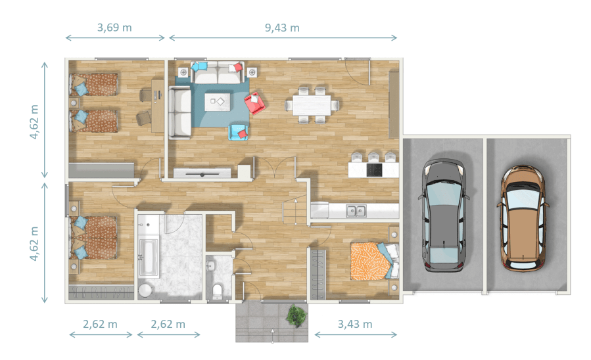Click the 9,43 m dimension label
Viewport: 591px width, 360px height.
pyautogui.click(x=282, y=28)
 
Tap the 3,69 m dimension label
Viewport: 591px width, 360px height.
pyautogui.click(x=114, y=27)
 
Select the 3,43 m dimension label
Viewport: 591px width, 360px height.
pyautogui.click(x=355, y=324)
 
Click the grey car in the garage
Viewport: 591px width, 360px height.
pyautogui.click(x=444, y=215)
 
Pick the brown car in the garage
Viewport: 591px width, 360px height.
pyautogui.click(x=523, y=218)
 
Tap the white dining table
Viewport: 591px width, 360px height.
pyautogui.click(x=312, y=106)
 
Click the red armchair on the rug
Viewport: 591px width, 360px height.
pyautogui.click(x=255, y=103)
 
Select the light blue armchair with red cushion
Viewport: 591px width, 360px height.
pyautogui.click(x=238, y=132)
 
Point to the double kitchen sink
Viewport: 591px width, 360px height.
pyautogui.click(x=356, y=211)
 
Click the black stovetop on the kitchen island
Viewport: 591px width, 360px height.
pyautogui.click(x=374, y=170)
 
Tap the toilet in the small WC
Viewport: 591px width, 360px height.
pyautogui.click(x=217, y=292)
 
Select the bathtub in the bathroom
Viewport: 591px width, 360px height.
pyautogui.click(x=149, y=258)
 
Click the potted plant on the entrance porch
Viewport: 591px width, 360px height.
pyautogui.click(x=296, y=315)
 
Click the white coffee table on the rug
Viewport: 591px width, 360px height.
pyautogui.click(x=218, y=102)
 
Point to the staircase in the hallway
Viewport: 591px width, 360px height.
pyautogui.click(x=296, y=210)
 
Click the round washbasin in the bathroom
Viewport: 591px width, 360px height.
pyautogui.click(x=145, y=290)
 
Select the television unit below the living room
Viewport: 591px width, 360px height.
pyautogui.click(x=202, y=173)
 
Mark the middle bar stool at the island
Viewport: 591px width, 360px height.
pyautogui.click(x=373, y=157)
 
